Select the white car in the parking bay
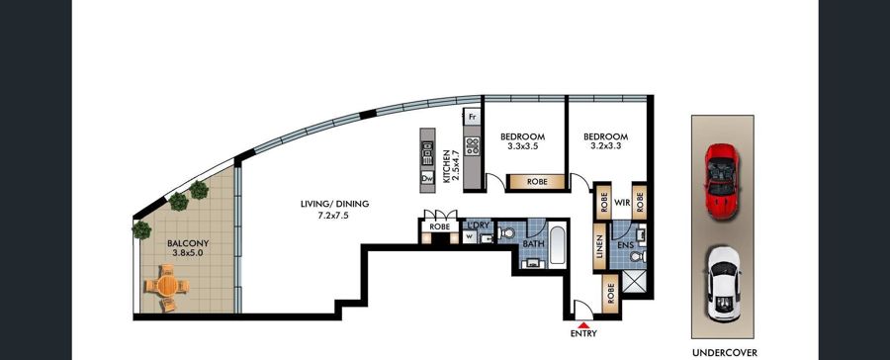pos(723,284)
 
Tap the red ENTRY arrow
pos(583,324)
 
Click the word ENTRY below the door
pos(583,334)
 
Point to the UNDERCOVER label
pos(724,353)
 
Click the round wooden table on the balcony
pos(167,285)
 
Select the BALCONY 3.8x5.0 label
pos(188,248)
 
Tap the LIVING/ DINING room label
pos(335,209)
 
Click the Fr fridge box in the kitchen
pos(472,118)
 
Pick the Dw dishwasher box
pos(427,178)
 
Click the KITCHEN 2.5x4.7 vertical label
pos(451,166)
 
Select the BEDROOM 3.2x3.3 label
pos(605,141)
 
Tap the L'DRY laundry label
pos(477,225)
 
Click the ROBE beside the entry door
pos(610,293)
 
